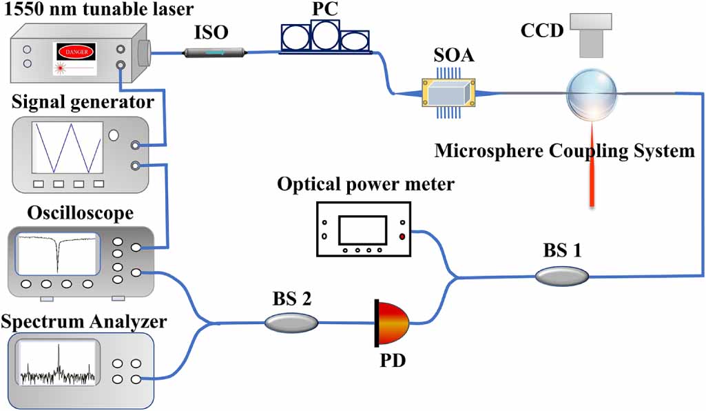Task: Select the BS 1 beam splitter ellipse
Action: (562, 276)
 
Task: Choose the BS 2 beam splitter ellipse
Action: (291, 321)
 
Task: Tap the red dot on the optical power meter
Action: (402, 237)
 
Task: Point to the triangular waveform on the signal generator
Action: (68, 148)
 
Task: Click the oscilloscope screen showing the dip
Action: (58, 254)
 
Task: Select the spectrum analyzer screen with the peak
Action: (59, 366)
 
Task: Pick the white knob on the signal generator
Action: (114, 134)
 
